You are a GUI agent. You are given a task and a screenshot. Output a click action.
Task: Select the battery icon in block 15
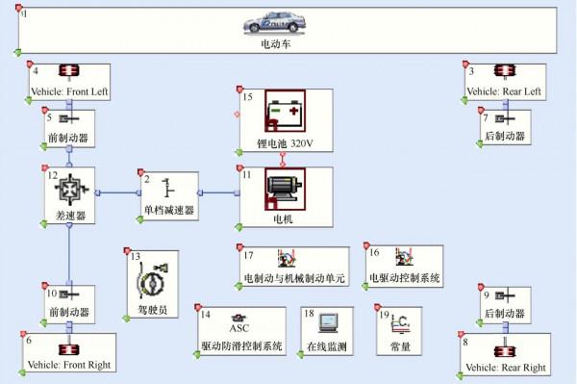tap(284, 115)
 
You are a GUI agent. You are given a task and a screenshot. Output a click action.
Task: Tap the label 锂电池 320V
tap(285, 143)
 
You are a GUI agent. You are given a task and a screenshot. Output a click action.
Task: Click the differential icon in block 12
tap(70, 187)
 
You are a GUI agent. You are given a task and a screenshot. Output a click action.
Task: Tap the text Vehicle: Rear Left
tap(504, 91)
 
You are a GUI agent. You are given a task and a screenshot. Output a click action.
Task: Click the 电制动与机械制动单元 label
tap(294, 278)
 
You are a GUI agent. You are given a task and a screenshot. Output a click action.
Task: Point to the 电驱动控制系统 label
tap(404, 278)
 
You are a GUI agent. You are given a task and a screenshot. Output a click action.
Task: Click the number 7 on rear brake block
tap(487, 117)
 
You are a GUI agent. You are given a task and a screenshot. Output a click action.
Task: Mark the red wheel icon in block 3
tap(504, 72)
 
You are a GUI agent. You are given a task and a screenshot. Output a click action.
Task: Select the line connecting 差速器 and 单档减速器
tap(115, 192)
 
